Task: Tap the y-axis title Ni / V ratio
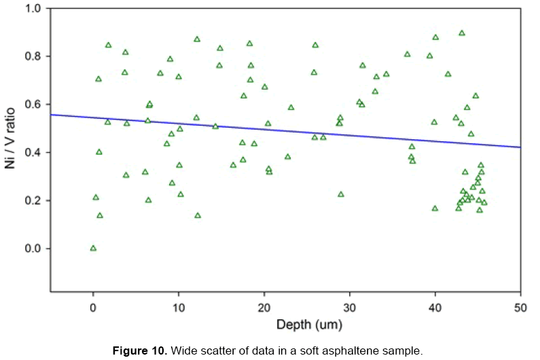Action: [12, 152]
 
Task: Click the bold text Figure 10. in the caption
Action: [141, 351]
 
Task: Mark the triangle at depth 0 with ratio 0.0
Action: [93, 248]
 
